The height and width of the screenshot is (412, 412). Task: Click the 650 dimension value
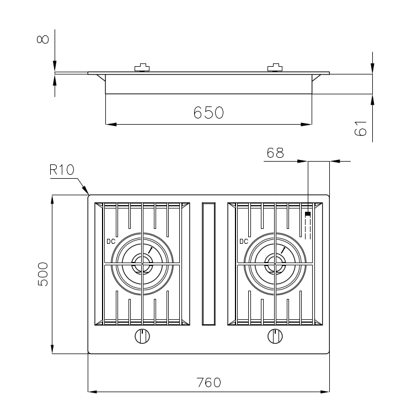click(x=208, y=113)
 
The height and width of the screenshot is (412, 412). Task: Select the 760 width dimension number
click(x=209, y=383)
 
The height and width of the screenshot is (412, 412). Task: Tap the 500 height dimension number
click(x=43, y=274)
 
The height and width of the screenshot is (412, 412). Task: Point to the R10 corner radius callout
click(x=62, y=170)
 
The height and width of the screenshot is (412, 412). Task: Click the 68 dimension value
click(x=275, y=153)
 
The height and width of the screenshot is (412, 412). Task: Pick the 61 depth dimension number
click(x=360, y=129)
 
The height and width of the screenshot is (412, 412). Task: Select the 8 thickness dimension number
click(x=43, y=39)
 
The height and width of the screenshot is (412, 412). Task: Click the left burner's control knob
click(x=142, y=336)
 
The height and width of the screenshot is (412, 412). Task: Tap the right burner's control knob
click(x=275, y=336)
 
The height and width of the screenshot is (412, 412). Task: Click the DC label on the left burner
click(x=111, y=241)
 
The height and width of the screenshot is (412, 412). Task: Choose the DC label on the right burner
click(x=244, y=241)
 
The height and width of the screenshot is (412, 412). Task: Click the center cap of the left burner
click(x=142, y=264)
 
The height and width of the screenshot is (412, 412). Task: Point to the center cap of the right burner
click(x=275, y=264)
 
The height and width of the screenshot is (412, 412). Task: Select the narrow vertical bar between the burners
click(x=208, y=264)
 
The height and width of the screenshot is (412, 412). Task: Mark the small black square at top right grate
click(x=308, y=214)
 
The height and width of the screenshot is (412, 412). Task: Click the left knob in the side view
click(x=142, y=67)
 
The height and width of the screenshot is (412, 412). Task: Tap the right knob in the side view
click(x=275, y=67)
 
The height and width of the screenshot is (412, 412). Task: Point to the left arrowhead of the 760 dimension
click(x=93, y=392)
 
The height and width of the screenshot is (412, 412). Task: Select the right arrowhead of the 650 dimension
click(x=306, y=124)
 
